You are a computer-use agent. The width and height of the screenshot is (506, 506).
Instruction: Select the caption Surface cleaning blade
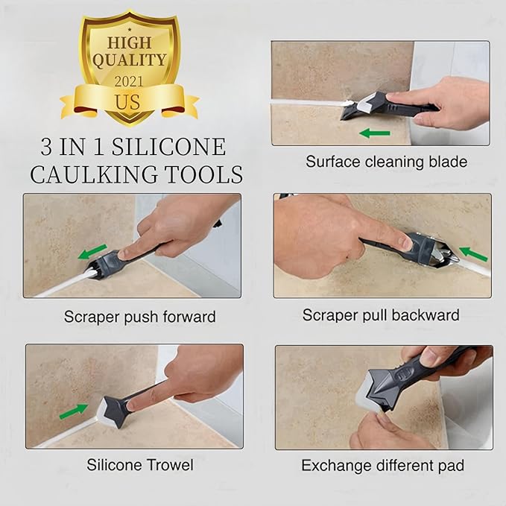pos(386,161)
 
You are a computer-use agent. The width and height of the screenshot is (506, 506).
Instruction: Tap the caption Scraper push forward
pos(139,317)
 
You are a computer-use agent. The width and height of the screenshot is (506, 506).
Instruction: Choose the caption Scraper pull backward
pos(380,315)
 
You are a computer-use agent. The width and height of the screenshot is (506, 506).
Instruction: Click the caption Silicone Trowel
pos(140,465)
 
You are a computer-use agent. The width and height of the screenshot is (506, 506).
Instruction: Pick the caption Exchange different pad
pos(382,466)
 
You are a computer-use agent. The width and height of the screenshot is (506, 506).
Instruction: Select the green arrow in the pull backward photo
pos(472,254)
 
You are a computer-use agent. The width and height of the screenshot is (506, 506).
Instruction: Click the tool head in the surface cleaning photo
pos(356,107)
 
